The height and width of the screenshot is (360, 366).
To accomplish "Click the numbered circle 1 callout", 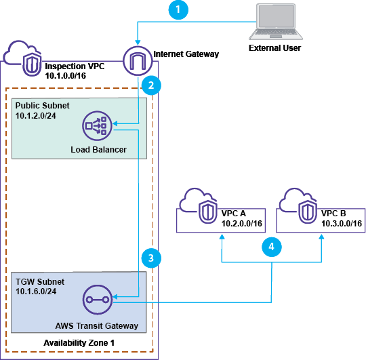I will click(177, 10).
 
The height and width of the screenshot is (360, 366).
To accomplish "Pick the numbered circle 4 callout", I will click(271, 247).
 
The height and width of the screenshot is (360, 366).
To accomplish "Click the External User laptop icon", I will click(274, 22).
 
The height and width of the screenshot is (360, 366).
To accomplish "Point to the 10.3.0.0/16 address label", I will click(340, 222).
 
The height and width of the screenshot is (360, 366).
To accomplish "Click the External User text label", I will click(274, 49).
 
